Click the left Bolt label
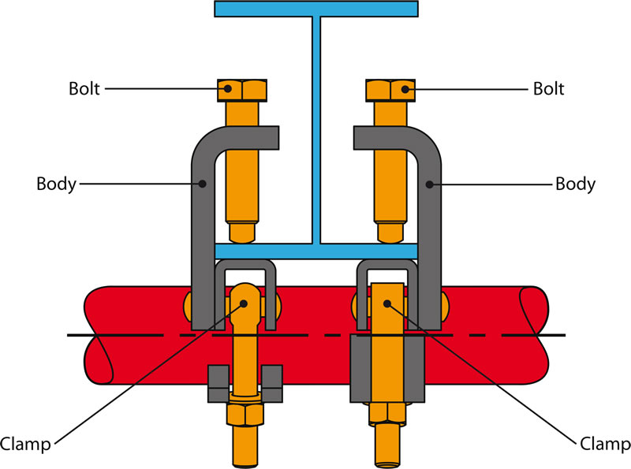pos(84,88)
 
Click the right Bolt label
pos(548,88)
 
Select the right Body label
pos(575,184)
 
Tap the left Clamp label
pos(27,445)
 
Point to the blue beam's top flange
pos(315,9)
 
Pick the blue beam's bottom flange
pos(315,251)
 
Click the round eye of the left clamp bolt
pos(244,300)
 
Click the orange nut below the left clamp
pos(243,413)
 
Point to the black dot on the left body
pos(203,184)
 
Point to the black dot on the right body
pos(430,184)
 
